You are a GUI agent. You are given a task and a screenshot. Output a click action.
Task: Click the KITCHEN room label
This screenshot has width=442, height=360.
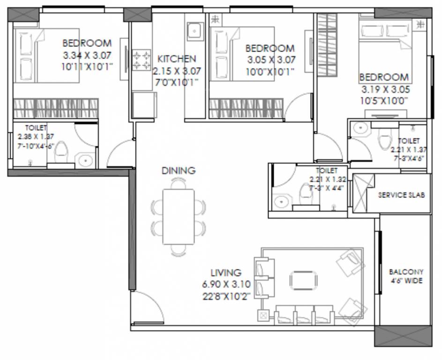(x=177, y=59)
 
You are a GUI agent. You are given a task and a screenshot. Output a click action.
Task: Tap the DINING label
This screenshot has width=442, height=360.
(x=179, y=171)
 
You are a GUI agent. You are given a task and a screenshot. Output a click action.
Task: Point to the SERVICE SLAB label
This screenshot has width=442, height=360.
(x=402, y=195)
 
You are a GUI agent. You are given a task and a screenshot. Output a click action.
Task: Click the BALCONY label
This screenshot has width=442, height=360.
(x=406, y=272)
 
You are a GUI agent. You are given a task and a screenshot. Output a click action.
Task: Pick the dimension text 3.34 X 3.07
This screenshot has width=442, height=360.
(x=87, y=55)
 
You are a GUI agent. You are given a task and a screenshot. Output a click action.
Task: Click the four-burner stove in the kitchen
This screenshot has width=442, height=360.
(x=141, y=60)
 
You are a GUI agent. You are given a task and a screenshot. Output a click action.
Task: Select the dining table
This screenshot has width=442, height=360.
(x=178, y=216)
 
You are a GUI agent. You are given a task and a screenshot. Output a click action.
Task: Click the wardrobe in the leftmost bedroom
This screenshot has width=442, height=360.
(x=55, y=108)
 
